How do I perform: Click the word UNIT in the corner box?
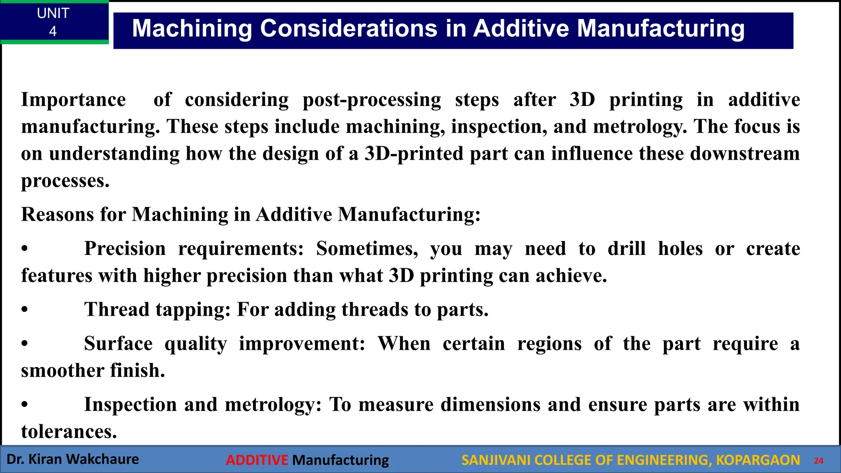coord(53,14)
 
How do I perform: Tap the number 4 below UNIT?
coord(53,31)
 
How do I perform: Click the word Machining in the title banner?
coord(192,29)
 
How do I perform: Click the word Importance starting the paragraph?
coord(74,100)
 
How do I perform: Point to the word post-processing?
coord(372,100)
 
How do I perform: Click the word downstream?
coord(744,154)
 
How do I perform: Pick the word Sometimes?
coord(367,249)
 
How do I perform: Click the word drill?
coord(627,249)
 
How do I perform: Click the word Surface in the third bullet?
coord(118,344)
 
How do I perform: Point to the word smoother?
coord(57,371)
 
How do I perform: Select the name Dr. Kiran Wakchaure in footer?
coord(73,459)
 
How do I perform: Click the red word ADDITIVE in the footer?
coord(257,460)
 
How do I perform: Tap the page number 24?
coord(818,461)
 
